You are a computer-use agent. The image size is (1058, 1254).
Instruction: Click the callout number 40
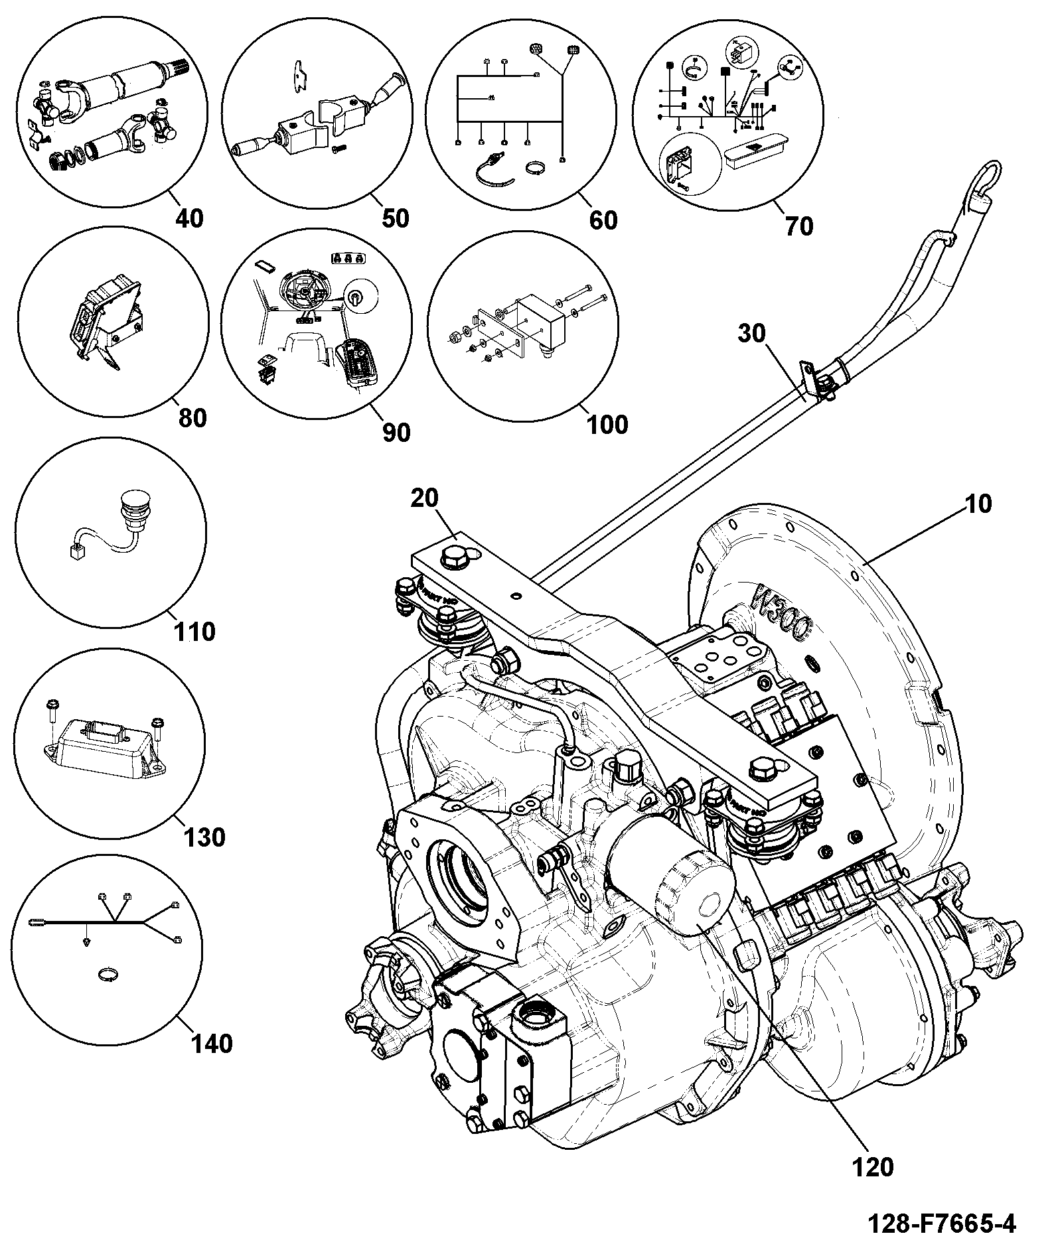[189, 218]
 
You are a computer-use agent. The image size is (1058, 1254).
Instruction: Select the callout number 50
[396, 218]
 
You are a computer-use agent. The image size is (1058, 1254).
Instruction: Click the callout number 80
[192, 418]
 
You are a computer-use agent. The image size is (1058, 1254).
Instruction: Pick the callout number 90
[396, 433]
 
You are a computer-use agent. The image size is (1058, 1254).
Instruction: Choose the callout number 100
[609, 423]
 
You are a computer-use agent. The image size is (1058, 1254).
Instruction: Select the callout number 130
[204, 837]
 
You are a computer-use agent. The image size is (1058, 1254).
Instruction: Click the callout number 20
[425, 498]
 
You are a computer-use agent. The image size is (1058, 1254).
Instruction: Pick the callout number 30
[752, 333]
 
